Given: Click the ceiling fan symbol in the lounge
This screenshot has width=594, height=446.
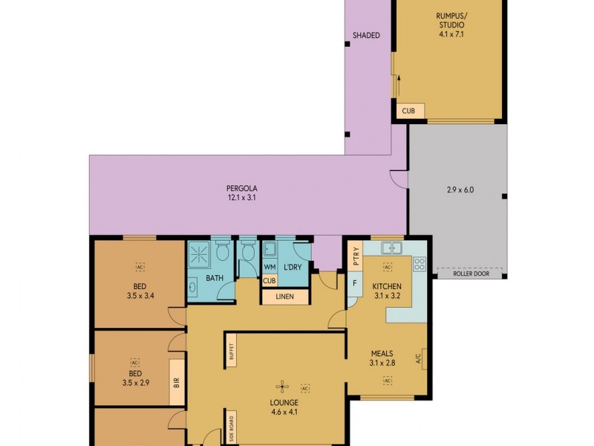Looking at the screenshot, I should (x=281, y=385).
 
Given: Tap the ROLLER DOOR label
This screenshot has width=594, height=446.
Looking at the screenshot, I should (x=471, y=274).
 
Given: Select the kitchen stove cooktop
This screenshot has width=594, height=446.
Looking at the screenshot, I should (x=419, y=265).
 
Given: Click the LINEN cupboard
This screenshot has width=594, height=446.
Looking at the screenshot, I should (x=285, y=297).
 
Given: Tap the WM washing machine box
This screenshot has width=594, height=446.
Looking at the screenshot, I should (x=270, y=267).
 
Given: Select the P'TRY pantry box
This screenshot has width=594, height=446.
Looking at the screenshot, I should (x=356, y=256).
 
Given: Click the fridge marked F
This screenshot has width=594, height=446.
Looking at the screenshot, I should (x=356, y=283).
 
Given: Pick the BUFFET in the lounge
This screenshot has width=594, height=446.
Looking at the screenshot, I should (x=230, y=355).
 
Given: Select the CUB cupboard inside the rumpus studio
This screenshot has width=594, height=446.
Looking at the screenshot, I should (x=409, y=111).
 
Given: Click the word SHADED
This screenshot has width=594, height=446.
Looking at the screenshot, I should (x=366, y=35).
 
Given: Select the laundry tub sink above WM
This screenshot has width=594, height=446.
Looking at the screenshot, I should (x=270, y=249).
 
